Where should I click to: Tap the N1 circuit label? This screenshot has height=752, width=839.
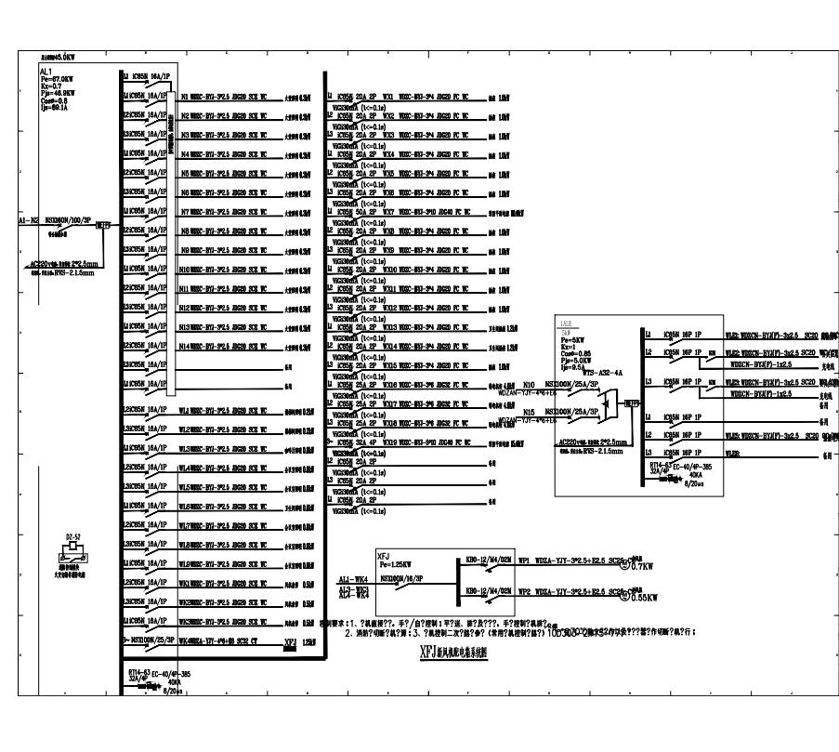click(185, 96)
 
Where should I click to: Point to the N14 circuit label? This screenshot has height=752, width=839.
click(186, 345)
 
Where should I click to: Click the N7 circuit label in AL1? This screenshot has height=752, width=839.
click(185, 211)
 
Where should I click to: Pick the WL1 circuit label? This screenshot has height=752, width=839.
click(185, 409)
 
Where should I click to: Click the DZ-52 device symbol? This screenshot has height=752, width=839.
click(64, 539)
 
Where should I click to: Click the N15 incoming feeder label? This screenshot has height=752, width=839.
click(529, 410)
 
